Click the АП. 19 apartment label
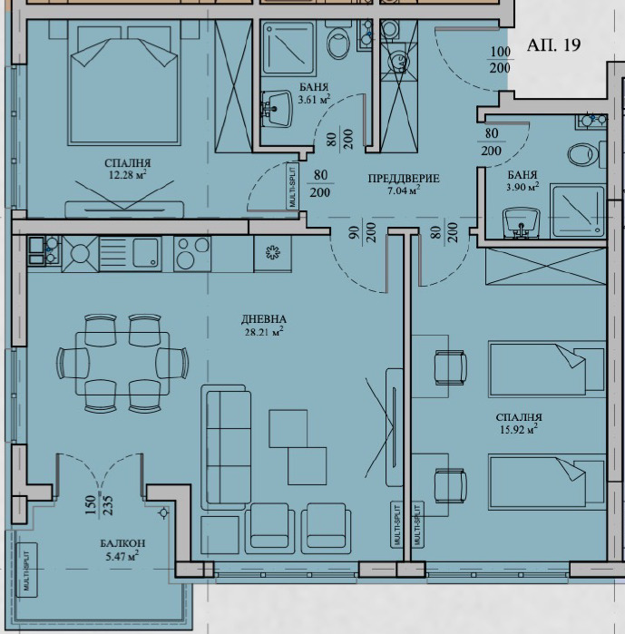point(553,44)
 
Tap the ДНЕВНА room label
point(264,319)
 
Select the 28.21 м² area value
point(264,332)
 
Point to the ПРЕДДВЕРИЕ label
point(404,178)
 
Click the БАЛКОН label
point(122,543)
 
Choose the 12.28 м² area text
point(127,175)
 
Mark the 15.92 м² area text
point(519,429)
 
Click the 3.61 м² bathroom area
point(314,99)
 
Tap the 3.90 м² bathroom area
point(522,187)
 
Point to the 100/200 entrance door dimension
point(500,60)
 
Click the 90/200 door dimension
point(362,232)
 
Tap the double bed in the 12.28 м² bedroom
point(123,83)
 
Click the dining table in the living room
point(122,363)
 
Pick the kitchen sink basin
point(146,253)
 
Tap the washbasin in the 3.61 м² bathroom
point(278,108)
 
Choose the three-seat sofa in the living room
point(224,447)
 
